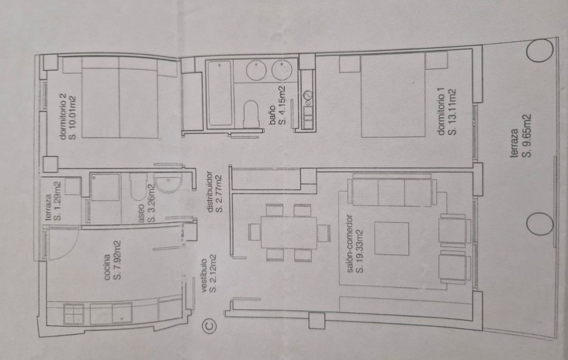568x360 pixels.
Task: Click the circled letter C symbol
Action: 209,326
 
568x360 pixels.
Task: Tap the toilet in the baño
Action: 251,114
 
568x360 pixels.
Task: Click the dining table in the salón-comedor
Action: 289,232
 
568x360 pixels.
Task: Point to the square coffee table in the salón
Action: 392,238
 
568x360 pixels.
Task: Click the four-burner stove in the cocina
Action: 74,314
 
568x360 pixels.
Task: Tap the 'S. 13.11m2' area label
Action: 452,112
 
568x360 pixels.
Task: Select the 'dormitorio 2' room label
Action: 63,116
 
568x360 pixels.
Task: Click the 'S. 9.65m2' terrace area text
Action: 526,136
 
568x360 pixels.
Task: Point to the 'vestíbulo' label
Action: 204,275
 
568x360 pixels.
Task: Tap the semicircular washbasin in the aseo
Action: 169,183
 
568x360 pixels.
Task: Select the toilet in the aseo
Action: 139,186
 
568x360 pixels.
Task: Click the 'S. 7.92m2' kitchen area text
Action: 117,260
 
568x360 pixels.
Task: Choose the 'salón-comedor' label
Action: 350,244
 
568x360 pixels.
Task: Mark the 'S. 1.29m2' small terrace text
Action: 57,201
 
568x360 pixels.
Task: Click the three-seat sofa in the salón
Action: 392,190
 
